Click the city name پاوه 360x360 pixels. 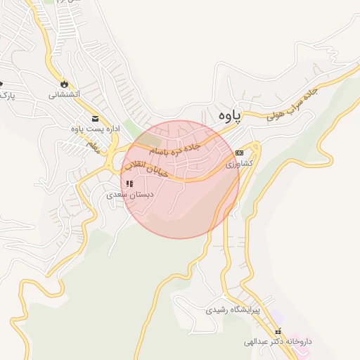229,112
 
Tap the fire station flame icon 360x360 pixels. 65,81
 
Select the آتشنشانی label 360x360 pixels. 64,93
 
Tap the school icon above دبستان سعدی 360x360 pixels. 129,184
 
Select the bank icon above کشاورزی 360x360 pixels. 239,152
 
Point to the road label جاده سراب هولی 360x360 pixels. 292,105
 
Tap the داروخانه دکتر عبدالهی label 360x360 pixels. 277,342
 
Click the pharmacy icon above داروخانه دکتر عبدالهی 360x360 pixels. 278,330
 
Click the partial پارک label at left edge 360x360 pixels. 6,94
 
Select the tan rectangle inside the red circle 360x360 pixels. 148,149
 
